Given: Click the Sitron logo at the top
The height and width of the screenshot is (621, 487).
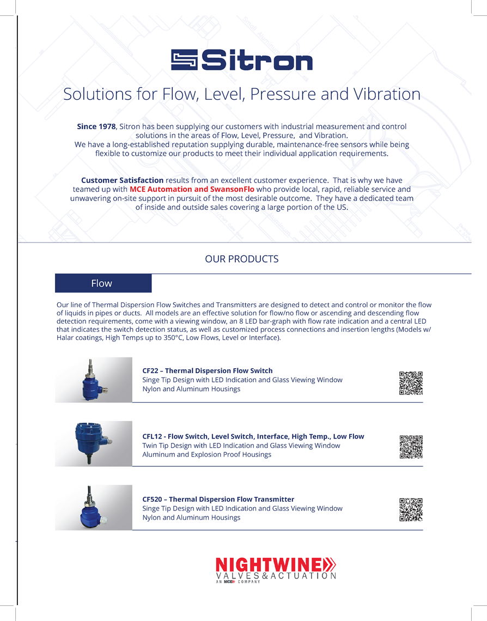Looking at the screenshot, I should (242, 60).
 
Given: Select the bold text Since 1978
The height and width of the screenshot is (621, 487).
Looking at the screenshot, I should (96, 126).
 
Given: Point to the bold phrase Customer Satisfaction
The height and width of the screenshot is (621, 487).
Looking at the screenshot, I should (122, 180).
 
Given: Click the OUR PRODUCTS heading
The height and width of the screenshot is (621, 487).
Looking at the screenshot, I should (241, 259).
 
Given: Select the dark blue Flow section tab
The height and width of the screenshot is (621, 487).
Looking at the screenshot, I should (103, 283).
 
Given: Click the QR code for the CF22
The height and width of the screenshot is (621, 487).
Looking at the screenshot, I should (411, 382).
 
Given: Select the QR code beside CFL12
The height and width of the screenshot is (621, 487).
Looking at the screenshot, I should (411, 447).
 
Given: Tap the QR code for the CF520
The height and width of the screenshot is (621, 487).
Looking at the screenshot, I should (411, 510).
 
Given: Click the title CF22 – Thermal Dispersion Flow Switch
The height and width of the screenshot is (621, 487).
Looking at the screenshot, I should (208, 370).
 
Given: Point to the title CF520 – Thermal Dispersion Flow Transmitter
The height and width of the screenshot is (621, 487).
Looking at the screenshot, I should (218, 499).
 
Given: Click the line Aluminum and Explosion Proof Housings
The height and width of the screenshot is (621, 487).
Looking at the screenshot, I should (206, 454).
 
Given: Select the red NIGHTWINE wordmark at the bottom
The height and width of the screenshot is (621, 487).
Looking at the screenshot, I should (271, 564).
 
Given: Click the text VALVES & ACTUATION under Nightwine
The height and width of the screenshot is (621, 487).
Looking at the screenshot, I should (276, 576).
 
